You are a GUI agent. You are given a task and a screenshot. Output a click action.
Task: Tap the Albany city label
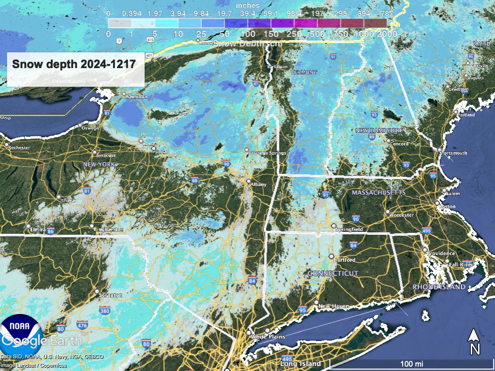coord(258,185)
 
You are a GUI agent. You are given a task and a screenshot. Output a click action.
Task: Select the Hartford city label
coord(345,260)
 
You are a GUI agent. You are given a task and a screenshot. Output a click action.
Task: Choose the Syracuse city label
coord(105,155)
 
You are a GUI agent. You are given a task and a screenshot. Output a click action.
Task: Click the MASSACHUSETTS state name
coord(379,193)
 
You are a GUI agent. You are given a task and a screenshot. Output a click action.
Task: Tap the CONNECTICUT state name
coord(333,273)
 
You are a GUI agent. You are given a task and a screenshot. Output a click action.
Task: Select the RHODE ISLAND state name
coord(439,287)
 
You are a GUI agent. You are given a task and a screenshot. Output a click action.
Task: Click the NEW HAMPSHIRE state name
coord(379,131)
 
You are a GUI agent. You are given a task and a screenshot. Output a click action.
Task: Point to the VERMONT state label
coord(304,72)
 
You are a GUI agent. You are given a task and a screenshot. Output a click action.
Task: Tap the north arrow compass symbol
coord(475,341)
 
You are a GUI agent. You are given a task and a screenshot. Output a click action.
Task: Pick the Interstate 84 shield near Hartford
coord(353,246)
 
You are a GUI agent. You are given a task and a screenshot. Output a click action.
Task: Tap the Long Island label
coord(300,363)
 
